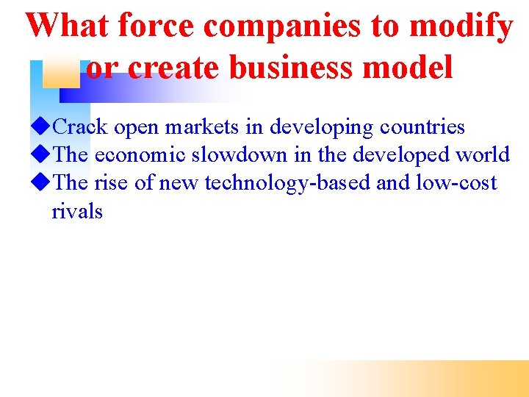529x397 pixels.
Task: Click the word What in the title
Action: pos(67,26)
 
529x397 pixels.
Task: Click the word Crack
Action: pos(81,127)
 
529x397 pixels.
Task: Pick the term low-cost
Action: pos(456,183)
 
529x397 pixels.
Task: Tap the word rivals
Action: pos(77,212)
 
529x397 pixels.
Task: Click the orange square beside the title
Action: pos(60,74)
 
